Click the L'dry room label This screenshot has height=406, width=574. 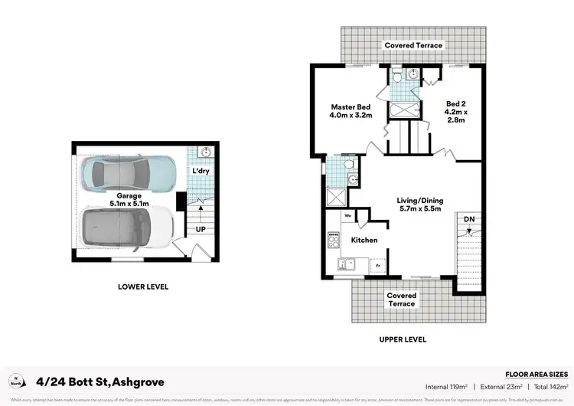pyautogui.click(x=201, y=170)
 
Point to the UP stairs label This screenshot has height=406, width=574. pyautogui.click(x=200, y=229)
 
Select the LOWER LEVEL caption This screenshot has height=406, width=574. pyautogui.click(x=143, y=286)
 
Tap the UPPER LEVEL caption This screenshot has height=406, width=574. pyautogui.click(x=402, y=339)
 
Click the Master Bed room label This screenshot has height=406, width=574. pyautogui.click(x=351, y=111)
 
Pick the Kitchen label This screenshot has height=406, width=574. pyautogui.click(x=364, y=240)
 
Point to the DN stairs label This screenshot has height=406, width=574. pyautogui.click(x=468, y=218)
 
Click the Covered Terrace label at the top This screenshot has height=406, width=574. pyautogui.click(x=413, y=45)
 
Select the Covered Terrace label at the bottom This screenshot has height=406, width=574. pyautogui.click(x=401, y=300)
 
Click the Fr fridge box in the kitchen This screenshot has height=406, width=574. pyautogui.click(x=377, y=267)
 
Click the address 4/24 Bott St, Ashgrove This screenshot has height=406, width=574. pyautogui.click(x=99, y=381)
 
